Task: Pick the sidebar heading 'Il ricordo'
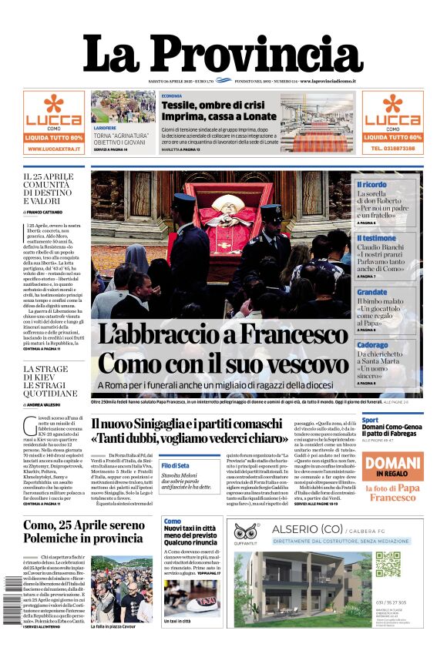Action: coord(371,185)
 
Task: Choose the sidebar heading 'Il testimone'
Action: coord(376,239)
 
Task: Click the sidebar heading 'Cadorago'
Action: coord(373,345)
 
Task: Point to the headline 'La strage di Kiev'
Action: coord(50,381)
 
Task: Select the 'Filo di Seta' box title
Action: coord(175,465)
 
